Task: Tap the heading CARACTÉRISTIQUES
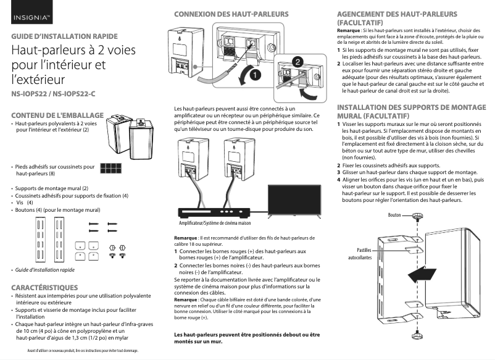pyautogui.click(x=45, y=288)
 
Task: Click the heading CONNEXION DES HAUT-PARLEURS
pyautogui.click(x=231, y=14)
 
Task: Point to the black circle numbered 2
pyautogui.click(x=297, y=62)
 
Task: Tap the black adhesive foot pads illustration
pyautogui.click(x=111, y=169)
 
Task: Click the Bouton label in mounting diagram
pyautogui.click(x=394, y=216)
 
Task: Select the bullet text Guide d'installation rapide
pyautogui.click(x=44, y=270)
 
